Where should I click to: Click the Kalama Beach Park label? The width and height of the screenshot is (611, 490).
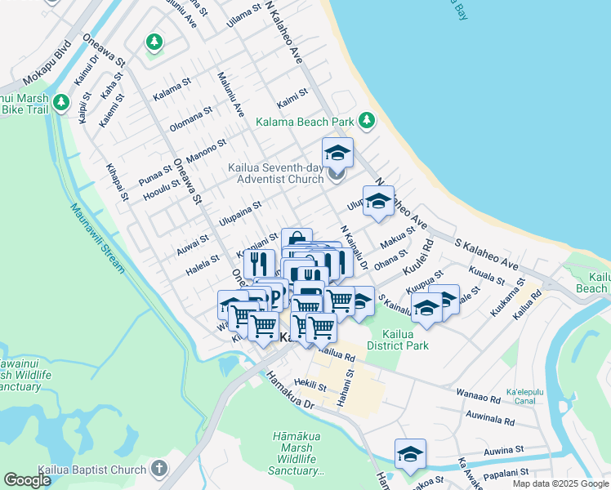pyautogui.click(x=305, y=122)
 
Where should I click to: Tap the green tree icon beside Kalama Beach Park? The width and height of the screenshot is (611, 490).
pyautogui.click(x=367, y=121)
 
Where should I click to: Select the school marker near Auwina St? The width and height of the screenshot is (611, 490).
pyautogui.click(x=410, y=454)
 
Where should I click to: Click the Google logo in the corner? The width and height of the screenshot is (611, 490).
pyautogui.click(x=27, y=480)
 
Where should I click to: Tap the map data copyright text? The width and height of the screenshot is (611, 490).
pyautogui.click(x=560, y=483)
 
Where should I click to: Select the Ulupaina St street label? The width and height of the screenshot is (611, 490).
pyautogui.click(x=239, y=215)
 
